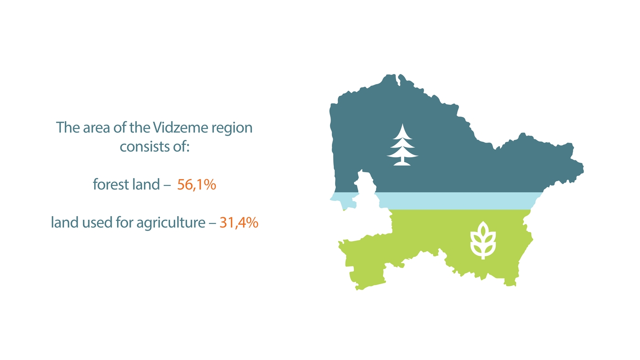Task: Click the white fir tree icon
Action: (402, 145)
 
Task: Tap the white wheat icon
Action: (483, 241)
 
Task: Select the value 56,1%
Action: (197, 185)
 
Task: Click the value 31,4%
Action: (239, 222)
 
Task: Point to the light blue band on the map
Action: (457, 201)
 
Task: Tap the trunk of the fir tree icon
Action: (402, 161)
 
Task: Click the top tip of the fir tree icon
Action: (402, 124)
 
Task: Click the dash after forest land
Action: (168, 185)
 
